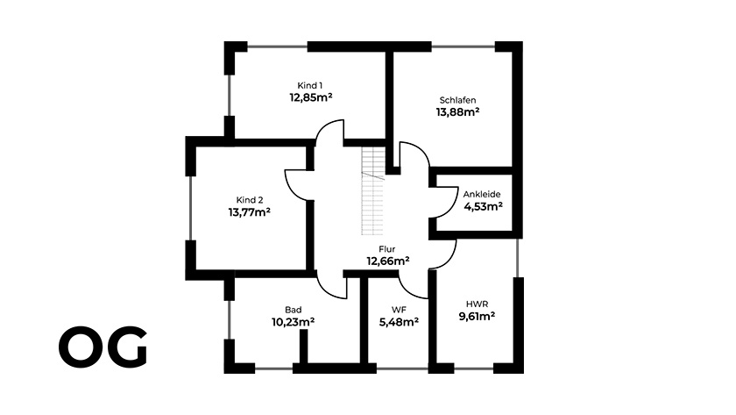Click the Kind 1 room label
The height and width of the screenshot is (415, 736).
click(x=310, y=85)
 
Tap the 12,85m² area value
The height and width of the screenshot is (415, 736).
click(x=311, y=97)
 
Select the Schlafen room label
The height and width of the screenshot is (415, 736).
click(x=457, y=100)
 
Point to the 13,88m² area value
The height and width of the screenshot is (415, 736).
click(x=457, y=112)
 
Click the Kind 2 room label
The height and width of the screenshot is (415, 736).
click(x=249, y=200)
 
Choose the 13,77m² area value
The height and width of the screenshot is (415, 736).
click(x=249, y=212)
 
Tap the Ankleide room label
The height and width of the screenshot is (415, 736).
click(x=482, y=194)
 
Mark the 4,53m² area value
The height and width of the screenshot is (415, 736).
click(x=484, y=206)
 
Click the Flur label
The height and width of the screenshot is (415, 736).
click(x=387, y=249)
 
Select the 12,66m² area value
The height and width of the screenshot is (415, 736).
click(x=387, y=261)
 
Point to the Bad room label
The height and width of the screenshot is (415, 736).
click(x=294, y=310)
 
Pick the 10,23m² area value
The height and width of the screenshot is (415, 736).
click(x=293, y=322)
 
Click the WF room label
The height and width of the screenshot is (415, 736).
click(x=399, y=310)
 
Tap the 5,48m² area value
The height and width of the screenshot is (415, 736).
click(x=399, y=322)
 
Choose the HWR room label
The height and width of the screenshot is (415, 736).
click(x=477, y=304)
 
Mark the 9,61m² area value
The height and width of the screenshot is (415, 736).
click(x=477, y=317)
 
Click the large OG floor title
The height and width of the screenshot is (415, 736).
click(x=103, y=347)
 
